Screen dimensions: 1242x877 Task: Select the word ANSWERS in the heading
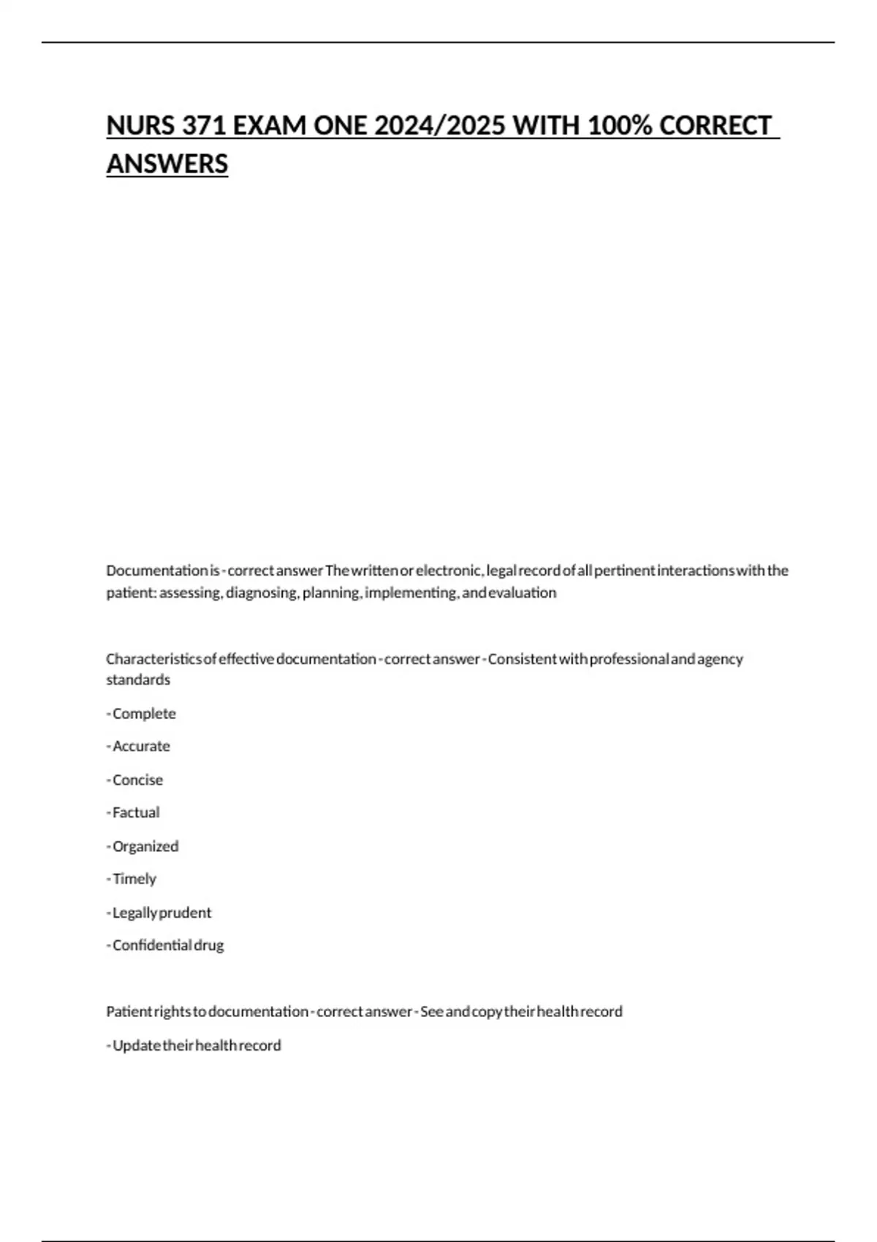point(167,164)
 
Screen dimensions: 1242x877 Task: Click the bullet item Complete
point(144,714)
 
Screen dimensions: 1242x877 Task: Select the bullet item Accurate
point(141,746)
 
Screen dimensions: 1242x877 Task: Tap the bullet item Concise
point(137,780)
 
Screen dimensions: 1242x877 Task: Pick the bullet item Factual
point(136,812)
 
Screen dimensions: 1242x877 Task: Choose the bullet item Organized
point(145,846)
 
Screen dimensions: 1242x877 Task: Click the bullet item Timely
point(134,879)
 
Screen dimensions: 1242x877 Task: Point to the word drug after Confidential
point(209,945)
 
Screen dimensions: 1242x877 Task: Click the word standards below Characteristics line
point(138,679)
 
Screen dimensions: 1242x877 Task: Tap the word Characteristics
point(153,659)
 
